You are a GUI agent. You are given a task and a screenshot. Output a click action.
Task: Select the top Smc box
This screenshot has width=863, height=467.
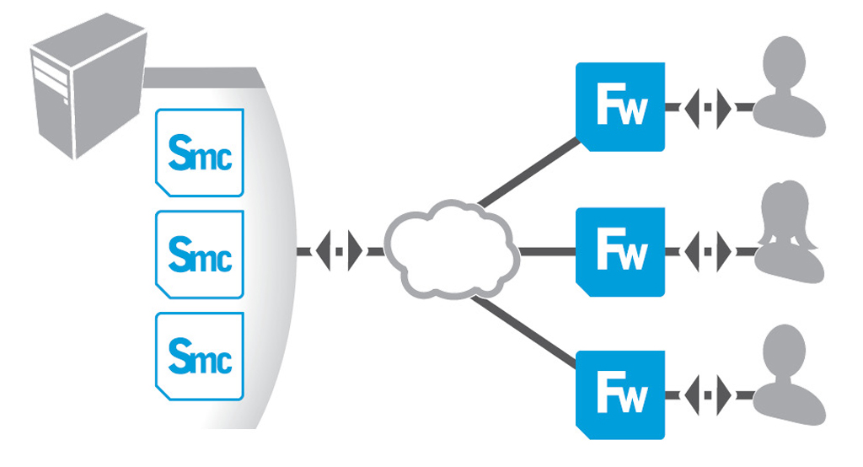click(200, 153)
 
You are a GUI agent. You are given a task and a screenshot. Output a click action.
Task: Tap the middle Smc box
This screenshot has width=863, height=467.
click(200, 254)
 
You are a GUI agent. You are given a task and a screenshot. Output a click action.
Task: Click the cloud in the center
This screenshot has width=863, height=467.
click(451, 250)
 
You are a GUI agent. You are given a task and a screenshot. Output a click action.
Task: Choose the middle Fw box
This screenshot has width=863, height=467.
click(620, 251)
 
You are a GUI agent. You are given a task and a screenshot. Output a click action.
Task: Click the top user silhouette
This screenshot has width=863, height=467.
click(790, 89)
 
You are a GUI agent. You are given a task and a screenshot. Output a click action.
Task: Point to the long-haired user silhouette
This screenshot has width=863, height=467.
click(790, 232)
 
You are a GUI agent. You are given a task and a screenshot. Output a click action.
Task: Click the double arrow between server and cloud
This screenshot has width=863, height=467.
click(340, 251)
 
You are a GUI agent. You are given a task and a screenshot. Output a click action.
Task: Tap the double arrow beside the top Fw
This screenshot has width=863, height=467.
click(708, 108)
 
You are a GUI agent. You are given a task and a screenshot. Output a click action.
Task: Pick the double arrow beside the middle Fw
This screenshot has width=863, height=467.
click(708, 251)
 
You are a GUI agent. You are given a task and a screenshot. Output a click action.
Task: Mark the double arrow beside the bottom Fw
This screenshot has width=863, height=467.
click(708, 392)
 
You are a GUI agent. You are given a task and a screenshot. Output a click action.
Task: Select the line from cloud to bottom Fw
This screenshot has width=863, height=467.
click(527, 329)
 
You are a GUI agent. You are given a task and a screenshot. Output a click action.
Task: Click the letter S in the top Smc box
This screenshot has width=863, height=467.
click(182, 152)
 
